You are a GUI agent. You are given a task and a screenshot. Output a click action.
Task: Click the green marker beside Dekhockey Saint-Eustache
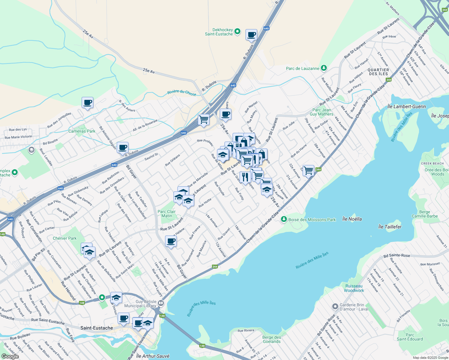click(x=237, y=31)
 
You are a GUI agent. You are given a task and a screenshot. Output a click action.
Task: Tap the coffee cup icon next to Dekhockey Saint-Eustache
click(x=251, y=35)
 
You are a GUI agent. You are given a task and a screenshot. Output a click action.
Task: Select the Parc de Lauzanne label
click(x=303, y=68)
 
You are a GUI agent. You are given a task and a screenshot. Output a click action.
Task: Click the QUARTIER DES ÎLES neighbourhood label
click(x=378, y=72)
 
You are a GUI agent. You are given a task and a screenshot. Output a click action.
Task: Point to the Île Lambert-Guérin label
click(x=406, y=106)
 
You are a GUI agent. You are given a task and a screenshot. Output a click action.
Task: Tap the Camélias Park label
click(x=82, y=131)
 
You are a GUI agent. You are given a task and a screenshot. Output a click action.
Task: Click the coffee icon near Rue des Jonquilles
click(x=88, y=103)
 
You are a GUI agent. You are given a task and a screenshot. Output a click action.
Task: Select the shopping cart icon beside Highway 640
click(x=204, y=120)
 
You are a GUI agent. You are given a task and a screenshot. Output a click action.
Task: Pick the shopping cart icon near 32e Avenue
click(x=308, y=170)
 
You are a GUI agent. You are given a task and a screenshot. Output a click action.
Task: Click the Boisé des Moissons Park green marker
click(x=284, y=220)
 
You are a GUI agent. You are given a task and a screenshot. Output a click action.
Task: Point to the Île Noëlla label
click(x=352, y=219)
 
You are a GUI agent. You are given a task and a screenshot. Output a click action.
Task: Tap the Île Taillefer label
click(x=390, y=227)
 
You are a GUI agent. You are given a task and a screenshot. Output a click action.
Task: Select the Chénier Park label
click(x=65, y=238)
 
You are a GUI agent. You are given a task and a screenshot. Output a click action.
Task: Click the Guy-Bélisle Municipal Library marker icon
click(x=161, y=303)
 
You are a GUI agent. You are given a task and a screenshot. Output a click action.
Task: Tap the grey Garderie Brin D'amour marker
click(x=335, y=307)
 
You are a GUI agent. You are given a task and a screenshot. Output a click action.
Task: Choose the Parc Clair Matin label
click(x=167, y=214)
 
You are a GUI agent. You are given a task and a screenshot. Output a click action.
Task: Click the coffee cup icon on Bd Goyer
click(x=171, y=241)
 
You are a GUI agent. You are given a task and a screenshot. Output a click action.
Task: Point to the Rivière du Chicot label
click(x=182, y=93)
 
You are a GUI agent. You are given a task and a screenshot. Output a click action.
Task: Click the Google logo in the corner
click(x=10, y=356)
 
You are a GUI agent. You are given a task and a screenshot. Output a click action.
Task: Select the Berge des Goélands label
click(x=272, y=339)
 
